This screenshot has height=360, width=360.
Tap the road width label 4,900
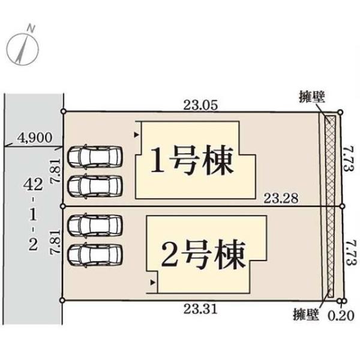tap(35, 138)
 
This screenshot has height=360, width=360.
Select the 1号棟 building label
tap(192, 160)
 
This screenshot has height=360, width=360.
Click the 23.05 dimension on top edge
tap(200, 106)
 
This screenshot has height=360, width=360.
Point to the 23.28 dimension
tap(281, 199)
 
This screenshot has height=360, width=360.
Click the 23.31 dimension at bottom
tap(200, 309)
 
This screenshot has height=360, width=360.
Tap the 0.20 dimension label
tap(341, 316)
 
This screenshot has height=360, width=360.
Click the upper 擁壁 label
tap(312, 97)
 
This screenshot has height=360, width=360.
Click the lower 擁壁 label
tap(306, 314)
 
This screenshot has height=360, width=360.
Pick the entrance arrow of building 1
tap(137, 135)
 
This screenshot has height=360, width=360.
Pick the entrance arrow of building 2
tap(152, 283)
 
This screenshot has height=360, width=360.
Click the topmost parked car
tap(95, 157)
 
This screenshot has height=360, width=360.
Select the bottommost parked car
tap(95, 256)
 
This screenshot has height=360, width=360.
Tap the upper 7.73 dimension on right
tap(349, 159)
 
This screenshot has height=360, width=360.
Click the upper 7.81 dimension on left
tap(56, 171)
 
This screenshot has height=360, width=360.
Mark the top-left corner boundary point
tap(64, 112)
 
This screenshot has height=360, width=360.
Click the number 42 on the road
tap(33, 185)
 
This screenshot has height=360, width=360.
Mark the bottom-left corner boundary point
tap(62, 300)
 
